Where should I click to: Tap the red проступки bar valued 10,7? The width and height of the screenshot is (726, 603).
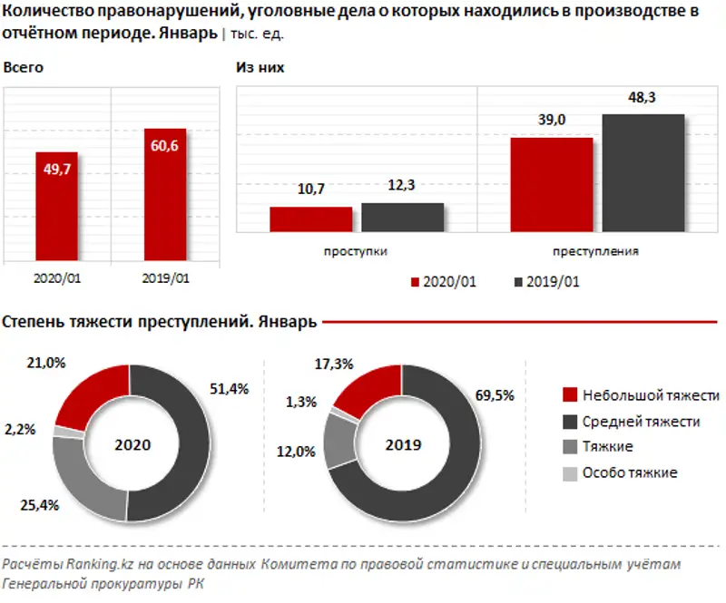pos(310,220)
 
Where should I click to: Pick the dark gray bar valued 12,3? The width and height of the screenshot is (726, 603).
pos(402,218)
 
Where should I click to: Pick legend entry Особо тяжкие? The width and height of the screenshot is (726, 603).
pos(628,473)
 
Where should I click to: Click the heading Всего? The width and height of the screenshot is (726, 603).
pos(24,68)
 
